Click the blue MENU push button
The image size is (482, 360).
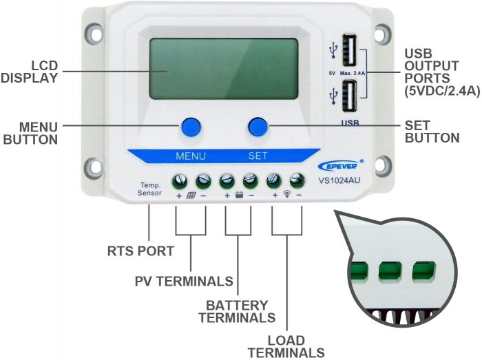tap(191, 126)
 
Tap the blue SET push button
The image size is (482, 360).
tap(258, 126)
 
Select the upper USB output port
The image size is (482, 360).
tap(350, 50)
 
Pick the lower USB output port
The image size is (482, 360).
tap(350, 96)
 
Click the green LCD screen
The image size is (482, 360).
tap(224, 69)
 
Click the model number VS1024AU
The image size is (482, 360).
tap(339, 180)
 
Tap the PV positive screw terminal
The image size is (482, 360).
tap(180, 181)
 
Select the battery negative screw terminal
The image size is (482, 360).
tap(251, 181)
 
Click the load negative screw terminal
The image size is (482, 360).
tap(297, 180)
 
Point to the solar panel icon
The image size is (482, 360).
tap(191, 195)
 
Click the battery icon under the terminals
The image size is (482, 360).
tap(239, 195)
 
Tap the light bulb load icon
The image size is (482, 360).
tap(287, 194)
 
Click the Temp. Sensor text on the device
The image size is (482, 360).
tap(149, 189)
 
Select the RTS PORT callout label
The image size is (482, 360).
tap(140, 251)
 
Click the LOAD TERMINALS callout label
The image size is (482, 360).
tap(286, 346)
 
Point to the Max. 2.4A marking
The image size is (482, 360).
tap(353, 74)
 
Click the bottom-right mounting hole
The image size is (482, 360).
tap(382, 166)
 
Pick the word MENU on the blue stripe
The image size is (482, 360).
tap(191, 156)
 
